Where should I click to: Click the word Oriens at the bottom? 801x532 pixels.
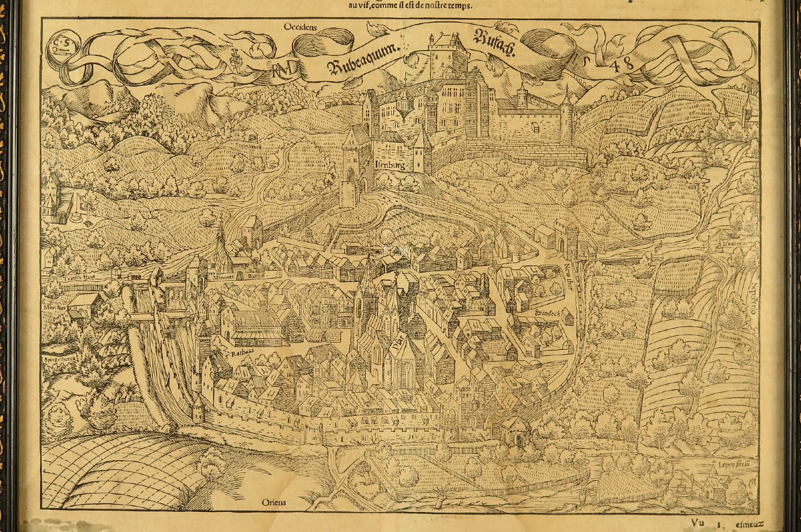pyautogui.click(x=274, y=503)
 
